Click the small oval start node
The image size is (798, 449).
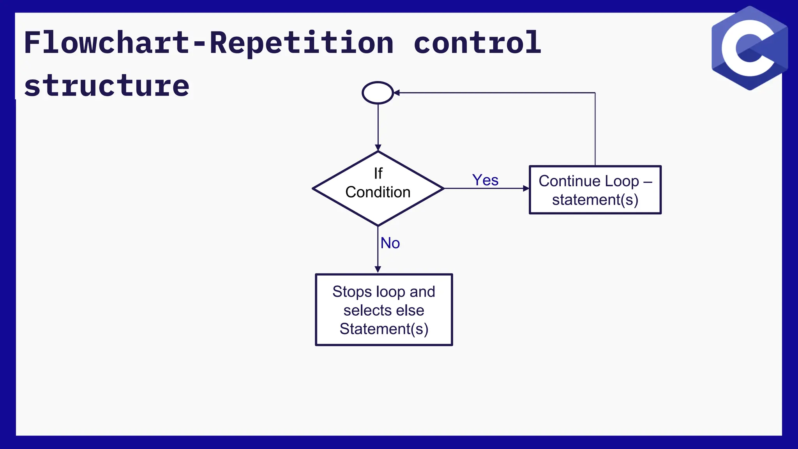point(378,93)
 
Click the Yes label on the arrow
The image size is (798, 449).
point(485,180)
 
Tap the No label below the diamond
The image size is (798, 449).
point(390,243)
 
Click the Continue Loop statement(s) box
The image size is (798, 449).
point(595,190)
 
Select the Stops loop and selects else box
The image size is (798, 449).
point(384,310)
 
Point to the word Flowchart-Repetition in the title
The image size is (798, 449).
point(208,43)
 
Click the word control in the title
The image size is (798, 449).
point(477,43)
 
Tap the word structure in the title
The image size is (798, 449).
point(107,86)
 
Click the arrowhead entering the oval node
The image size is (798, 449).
point(397,93)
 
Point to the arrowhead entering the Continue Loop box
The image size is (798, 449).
point(526,188)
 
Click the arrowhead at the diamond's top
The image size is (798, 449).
point(378,148)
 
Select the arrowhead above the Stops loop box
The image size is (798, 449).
point(378,269)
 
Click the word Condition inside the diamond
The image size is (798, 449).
point(378,192)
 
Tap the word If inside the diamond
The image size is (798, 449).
point(378,173)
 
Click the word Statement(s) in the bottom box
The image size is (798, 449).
point(384,329)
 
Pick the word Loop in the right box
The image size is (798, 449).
point(622,181)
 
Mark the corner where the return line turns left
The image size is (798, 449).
point(595,93)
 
